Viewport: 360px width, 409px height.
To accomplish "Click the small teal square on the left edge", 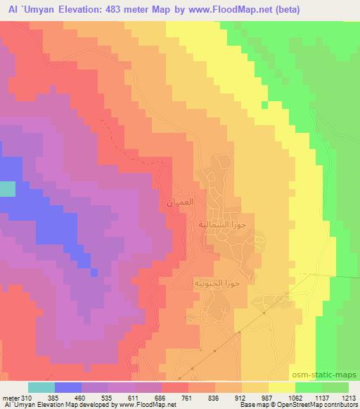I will [x=7, y=188].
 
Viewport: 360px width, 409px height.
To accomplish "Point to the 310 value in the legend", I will [x=27, y=398].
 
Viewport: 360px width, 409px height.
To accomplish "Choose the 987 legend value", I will [x=267, y=398].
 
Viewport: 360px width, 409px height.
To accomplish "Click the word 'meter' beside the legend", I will [x=10, y=398].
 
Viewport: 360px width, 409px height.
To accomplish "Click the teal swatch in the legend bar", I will [x=41, y=387].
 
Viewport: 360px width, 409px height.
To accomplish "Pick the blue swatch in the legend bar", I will [x=67, y=387].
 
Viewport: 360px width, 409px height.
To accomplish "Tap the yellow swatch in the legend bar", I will [x=281, y=387].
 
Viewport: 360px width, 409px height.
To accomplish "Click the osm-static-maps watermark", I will [x=330, y=375].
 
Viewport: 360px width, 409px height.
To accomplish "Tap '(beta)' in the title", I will [x=302, y=8].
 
